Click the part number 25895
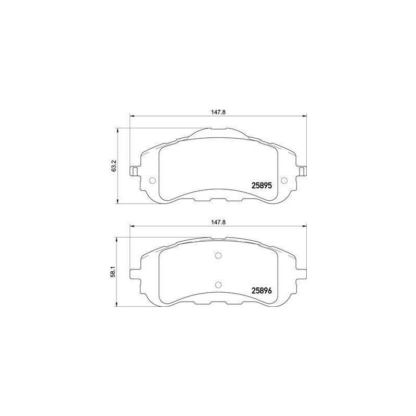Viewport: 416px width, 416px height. pyautogui.click(x=262, y=186)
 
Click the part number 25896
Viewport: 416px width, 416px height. pyautogui.click(x=262, y=291)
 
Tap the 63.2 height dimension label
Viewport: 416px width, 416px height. pyautogui.click(x=114, y=166)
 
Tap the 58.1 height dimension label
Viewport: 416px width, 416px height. pyautogui.click(x=114, y=272)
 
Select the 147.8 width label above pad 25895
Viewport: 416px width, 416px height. pyautogui.click(x=218, y=112)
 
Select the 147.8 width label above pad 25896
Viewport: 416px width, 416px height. pyautogui.click(x=218, y=223)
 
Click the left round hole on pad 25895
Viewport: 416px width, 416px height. pyautogui.click(x=152, y=180)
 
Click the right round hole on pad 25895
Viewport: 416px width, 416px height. pyautogui.click(x=284, y=180)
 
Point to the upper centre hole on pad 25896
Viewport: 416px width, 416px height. pyautogui.click(x=218, y=255)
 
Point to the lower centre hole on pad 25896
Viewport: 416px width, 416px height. pyautogui.click(x=218, y=285)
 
